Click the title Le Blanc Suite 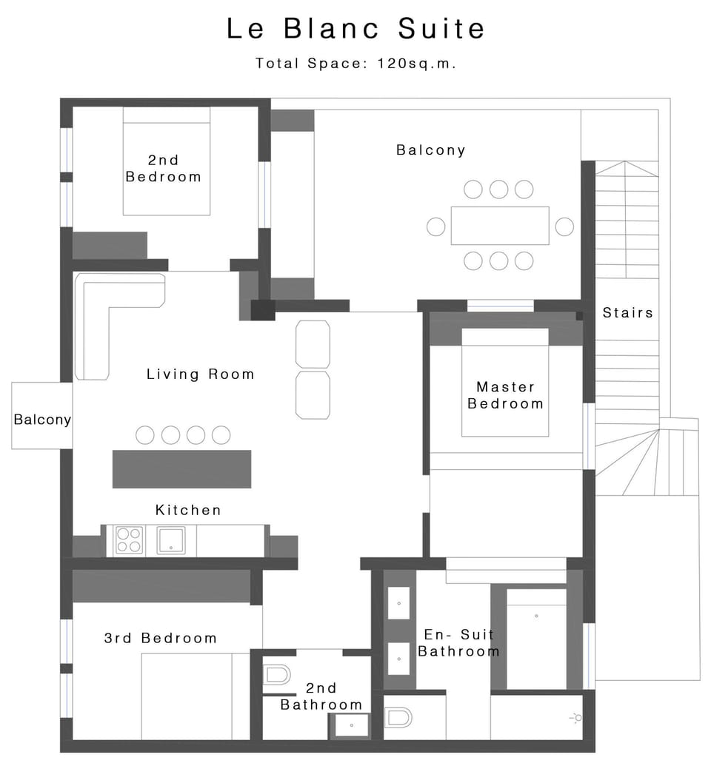pos(355,29)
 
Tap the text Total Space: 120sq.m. pos(355,64)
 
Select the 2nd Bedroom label pos(164,168)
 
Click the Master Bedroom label pos(506,395)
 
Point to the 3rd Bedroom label pos(160,638)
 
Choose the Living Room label pos(200,374)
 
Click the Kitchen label pos(188,510)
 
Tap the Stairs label pos(627,312)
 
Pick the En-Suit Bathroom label pos(458,642)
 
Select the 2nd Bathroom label pos(321,696)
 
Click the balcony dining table pos(500,226)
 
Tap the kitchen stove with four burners pos(128,540)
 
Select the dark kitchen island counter pos(181,468)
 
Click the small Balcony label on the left pos(42,420)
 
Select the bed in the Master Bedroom pos(505,385)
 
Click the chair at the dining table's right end pos(564,226)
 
